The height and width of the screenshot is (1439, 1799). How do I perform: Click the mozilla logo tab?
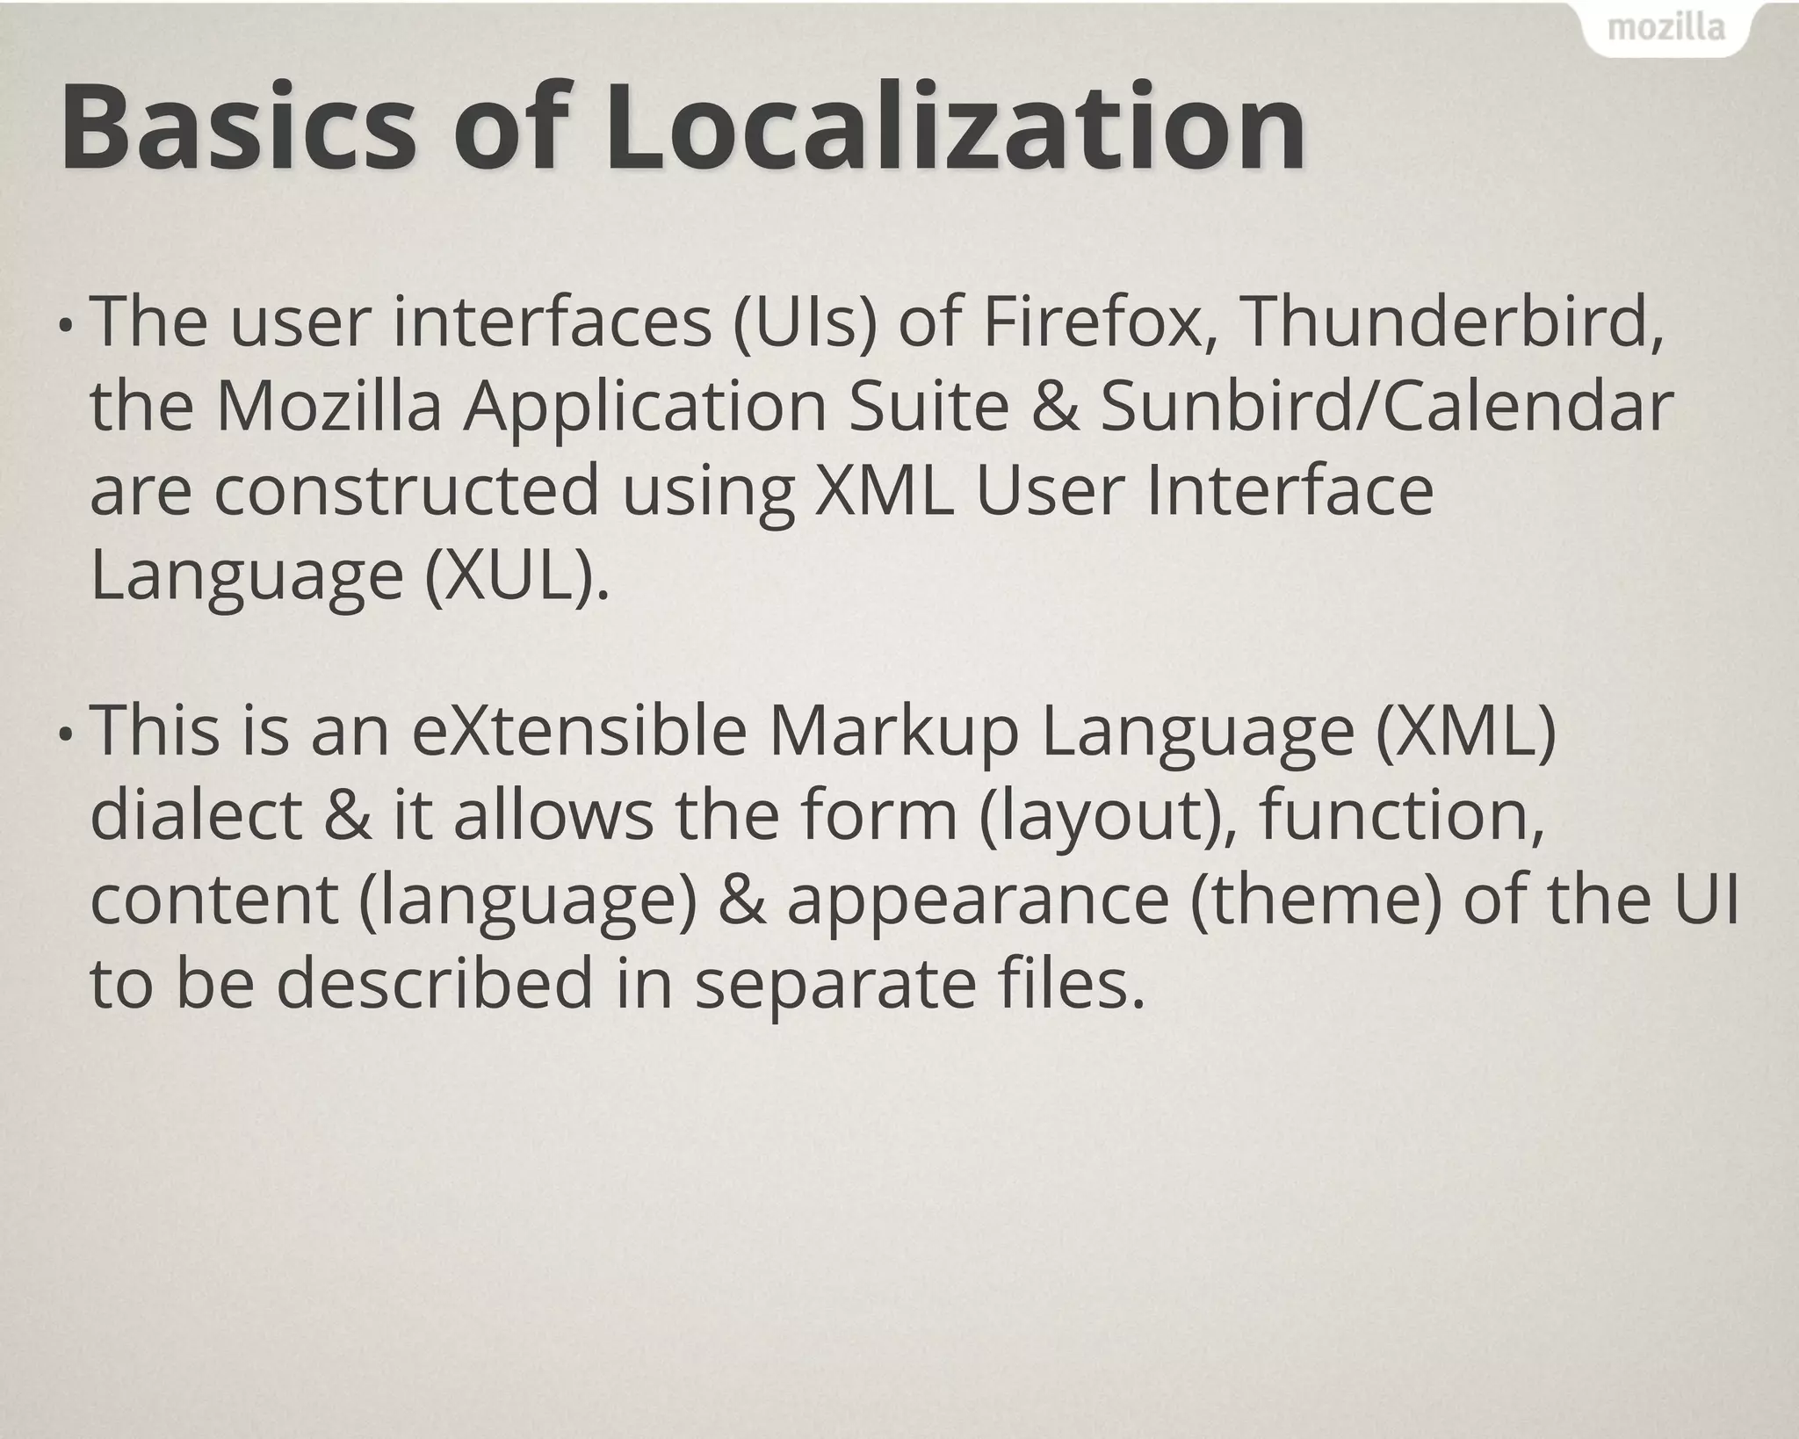[x=1665, y=29]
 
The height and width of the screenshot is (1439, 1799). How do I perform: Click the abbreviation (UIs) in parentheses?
[x=805, y=324]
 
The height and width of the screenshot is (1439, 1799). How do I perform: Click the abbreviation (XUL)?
[x=517, y=575]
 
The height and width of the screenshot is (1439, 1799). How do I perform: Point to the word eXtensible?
[x=580, y=731]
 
